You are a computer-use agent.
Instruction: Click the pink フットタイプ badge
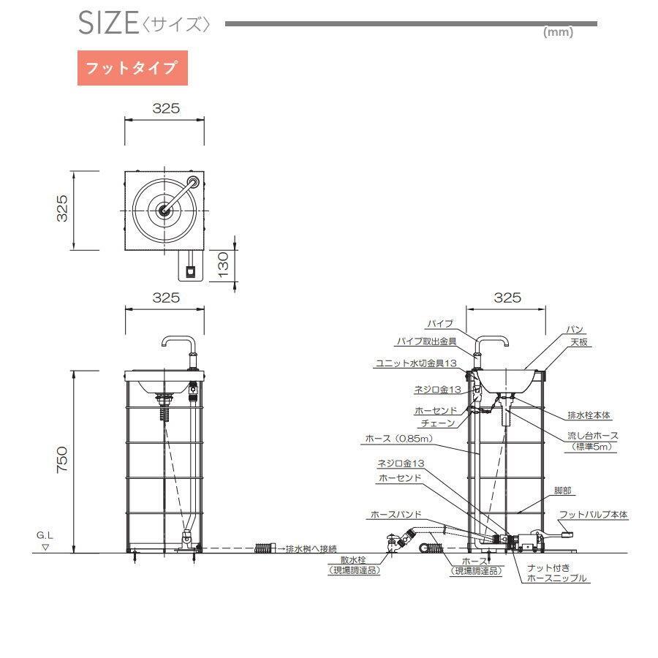(132, 68)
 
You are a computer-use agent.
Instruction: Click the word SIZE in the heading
(108, 23)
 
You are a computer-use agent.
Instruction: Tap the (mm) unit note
(558, 32)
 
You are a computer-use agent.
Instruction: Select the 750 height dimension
(61, 460)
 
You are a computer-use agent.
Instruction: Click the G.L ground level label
(45, 535)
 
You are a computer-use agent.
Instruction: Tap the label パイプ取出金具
(427, 341)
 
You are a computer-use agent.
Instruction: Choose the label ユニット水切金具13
(416, 363)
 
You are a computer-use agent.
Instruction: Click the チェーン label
(438, 423)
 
